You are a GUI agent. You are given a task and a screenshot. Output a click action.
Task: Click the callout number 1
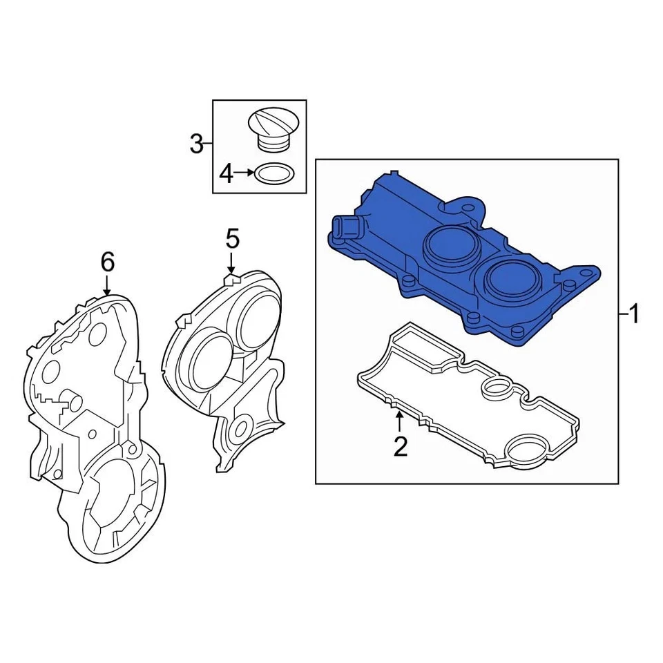pyautogui.click(x=634, y=316)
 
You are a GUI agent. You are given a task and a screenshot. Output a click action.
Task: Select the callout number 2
pyautogui.click(x=401, y=446)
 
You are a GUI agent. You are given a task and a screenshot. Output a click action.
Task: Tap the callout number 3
pyautogui.click(x=197, y=144)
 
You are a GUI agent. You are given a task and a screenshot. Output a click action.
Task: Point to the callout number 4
pyautogui.click(x=227, y=174)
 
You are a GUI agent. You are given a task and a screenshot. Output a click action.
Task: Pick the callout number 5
pyautogui.click(x=232, y=240)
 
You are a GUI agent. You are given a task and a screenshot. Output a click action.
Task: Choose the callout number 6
pyautogui.click(x=107, y=262)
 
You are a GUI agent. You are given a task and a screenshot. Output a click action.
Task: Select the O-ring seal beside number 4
pyautogui.click(x=274, y=173)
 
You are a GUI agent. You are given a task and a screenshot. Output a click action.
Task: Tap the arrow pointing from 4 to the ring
pyautogui.click(x=244, y=174)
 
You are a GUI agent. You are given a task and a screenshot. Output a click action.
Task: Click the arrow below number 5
pyautogui.click(x=232, y=265)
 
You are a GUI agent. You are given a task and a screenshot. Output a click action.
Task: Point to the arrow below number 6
pyautogui.click(x=107, y=285)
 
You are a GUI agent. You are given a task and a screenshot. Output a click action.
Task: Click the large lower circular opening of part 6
pyautogui.click(x=117, y=497)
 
